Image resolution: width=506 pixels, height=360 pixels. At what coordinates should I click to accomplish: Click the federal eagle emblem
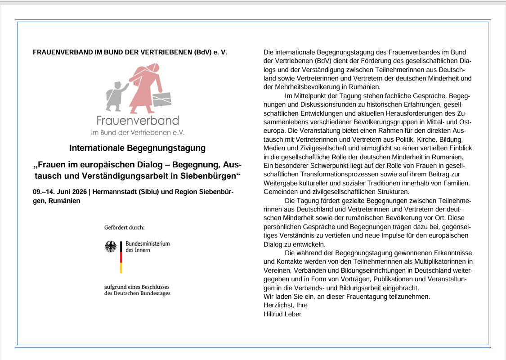110,247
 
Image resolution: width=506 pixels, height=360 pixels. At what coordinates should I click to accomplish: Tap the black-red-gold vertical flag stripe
121,257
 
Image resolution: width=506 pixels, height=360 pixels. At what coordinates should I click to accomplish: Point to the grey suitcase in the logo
161,98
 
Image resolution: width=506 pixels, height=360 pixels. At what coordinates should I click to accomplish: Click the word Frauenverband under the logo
138,121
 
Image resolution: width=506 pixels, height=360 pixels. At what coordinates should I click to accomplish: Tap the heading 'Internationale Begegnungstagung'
137,148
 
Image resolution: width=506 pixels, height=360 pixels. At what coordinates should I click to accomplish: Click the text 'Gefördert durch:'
125,227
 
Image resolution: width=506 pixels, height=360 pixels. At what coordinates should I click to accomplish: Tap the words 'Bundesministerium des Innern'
148,247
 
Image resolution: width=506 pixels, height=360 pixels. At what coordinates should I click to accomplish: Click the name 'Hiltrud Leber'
282,314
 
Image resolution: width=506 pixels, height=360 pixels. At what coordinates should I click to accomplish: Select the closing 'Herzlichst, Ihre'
286,305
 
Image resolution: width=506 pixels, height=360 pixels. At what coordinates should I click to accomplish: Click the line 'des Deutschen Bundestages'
137,293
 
